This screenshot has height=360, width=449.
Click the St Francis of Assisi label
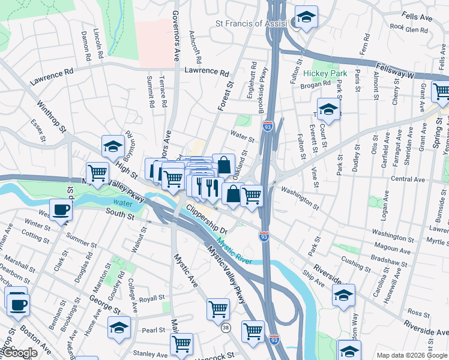coord(252,23)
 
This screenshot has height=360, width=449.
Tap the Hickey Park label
coord(321,73)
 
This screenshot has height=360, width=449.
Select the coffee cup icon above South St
coord(61,210)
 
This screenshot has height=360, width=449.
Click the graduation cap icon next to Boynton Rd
coord(112,146)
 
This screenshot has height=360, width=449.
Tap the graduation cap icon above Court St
coord(328,109)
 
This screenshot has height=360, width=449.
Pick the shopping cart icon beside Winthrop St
coord(97,173)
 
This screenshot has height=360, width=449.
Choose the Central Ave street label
coord(408,179)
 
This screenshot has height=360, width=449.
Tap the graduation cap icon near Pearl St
coord(119,328)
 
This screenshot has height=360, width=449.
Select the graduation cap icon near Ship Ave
coord(343,295)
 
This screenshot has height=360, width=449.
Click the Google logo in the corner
coord(20,353)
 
